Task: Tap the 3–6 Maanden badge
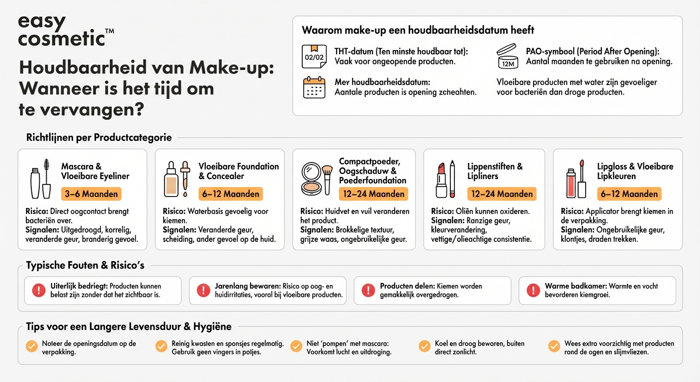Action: point(91,194)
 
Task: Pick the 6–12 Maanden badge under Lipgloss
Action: point(629,194)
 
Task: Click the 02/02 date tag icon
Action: point(314,56)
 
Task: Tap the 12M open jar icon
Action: point(508,56)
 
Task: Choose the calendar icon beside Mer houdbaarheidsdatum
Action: point(314,87)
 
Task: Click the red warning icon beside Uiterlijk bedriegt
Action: point(38,290)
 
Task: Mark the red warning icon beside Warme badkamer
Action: point(533,290)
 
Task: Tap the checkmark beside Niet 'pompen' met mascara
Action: point(296,347)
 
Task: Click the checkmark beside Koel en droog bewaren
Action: point(424,347)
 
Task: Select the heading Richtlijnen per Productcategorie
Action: point(99,138)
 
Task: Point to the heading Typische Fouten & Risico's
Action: point(85,266)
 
